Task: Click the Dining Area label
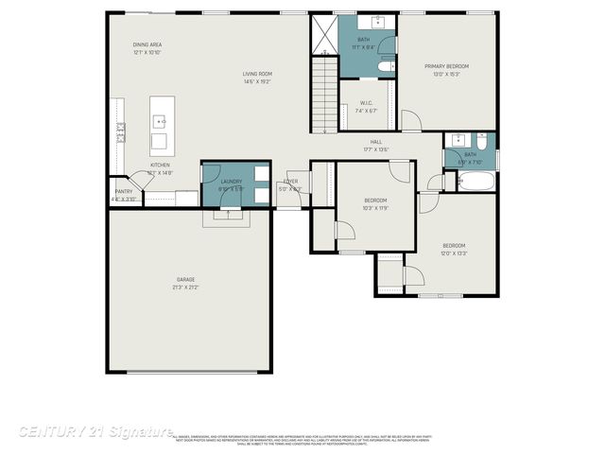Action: coord(147,45)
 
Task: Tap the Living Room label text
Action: coord(257,74)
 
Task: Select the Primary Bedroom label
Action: coord(446,66)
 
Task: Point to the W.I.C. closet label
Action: coord(366,105)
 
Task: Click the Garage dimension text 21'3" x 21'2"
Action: coord(186,287)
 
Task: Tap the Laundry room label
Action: coord(232,182)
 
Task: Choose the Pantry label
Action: coord(124,191)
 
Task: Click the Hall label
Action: coord(376,142)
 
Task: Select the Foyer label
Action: coord(290,182)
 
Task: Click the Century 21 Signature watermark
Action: coord(95,431)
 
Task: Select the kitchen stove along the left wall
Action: coord(120,132)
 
